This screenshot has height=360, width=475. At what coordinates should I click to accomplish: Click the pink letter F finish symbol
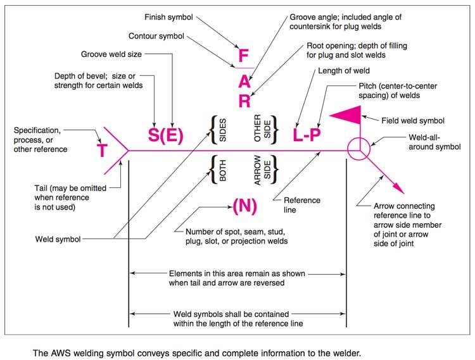tap(244, 56)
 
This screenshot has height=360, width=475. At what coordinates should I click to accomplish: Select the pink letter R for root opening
tap(244, 101)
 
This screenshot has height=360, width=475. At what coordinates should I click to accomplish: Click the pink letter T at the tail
tap(102, 151)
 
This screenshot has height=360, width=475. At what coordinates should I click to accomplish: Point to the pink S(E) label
tap(166, 135)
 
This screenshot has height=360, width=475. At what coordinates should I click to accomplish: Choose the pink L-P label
tap(307, 135)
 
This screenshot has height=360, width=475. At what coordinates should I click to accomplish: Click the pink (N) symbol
tap(244, 206)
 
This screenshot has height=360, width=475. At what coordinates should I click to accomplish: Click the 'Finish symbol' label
tap(168, 17)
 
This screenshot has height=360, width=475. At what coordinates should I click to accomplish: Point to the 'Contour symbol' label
tap(156, 36)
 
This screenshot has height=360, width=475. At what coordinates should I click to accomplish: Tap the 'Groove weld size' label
tap(111, 54)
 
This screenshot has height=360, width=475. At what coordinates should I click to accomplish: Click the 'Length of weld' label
tap(344, 71)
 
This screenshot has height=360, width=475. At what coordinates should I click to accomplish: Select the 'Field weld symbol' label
tap(413, 121)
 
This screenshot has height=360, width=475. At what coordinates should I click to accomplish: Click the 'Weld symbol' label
tap(58, 239)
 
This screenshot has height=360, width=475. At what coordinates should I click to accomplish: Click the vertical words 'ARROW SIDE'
tap(262, 170)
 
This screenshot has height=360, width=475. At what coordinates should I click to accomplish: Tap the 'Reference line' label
tap(302, 205)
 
